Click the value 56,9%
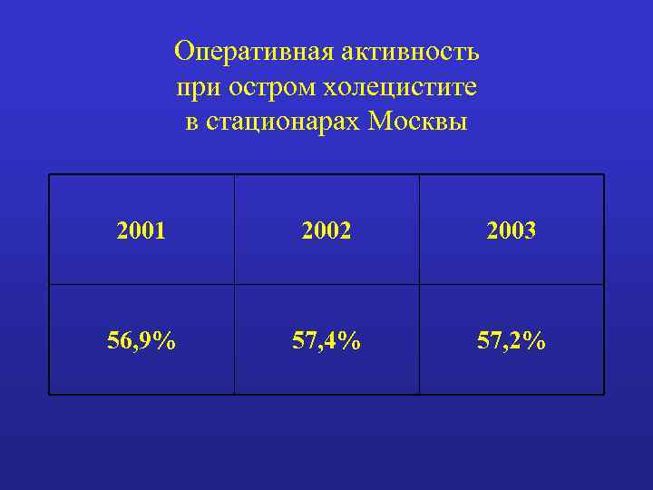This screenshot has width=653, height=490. pos(141,341)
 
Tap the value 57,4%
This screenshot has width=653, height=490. pos(326,341)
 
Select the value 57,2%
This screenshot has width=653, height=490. pos(511,341)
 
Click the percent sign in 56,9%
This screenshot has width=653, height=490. pos(166,341)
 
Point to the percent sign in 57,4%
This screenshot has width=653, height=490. pos(350,341)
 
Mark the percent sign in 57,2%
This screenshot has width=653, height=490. pos(535,341)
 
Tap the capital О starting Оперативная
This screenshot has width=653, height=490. pos(183,53)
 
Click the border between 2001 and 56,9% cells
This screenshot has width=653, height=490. pos(141,285)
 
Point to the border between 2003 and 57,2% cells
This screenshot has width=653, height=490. pos(511,285)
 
